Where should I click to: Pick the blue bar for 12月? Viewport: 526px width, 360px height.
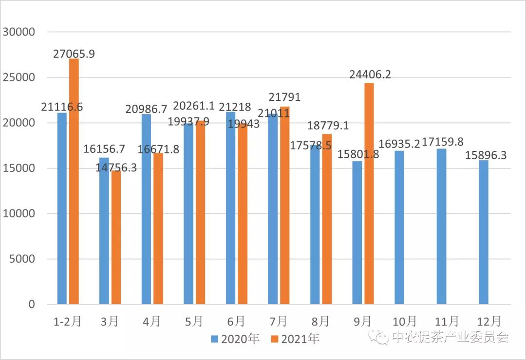click(x=484, y=232)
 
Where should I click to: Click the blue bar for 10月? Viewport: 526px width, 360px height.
click(x=399, y=227)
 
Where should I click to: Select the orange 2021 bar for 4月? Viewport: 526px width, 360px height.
click(x=158, y=229)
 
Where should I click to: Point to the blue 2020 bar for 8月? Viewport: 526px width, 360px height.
click(x=315, y=225)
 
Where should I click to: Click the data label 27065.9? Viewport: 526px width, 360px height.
click(x=74, y=54)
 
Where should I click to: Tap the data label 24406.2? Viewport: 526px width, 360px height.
click(x=370, y=75)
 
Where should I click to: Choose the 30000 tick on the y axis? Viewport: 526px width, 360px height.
click(x=19, y=32)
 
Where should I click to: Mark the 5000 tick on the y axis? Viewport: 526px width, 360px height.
click(x=22, y=259)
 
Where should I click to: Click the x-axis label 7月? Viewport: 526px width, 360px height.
click(x=278, y=321)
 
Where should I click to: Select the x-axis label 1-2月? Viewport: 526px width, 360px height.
click(x=66, y=321)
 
